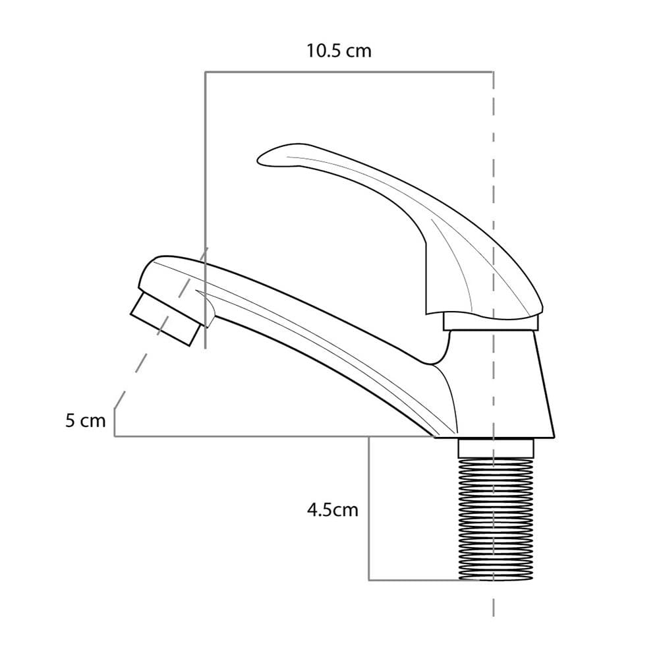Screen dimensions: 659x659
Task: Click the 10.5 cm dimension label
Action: tap(339, 51)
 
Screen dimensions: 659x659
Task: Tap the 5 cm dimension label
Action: tap(85, 420)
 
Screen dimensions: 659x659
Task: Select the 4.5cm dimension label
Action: tap(332, 510)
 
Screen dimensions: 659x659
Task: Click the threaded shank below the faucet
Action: tap(496, 519)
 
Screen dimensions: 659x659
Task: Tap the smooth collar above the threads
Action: tap(496, 448)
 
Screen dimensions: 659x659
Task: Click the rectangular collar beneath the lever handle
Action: tap(491, 322)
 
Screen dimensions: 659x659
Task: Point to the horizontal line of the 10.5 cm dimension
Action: tap(349, 72)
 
